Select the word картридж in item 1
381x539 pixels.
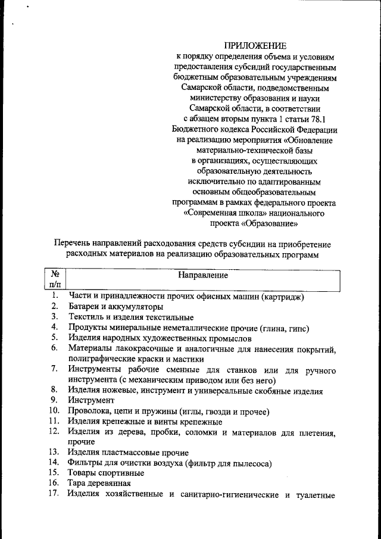coord(284,296)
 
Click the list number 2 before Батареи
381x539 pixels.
coord(54,307)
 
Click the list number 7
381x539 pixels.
coord(54,370)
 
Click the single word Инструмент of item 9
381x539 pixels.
coord(90,400)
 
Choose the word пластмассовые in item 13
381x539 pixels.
coord(135,453)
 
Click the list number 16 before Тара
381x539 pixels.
coord(54,483)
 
